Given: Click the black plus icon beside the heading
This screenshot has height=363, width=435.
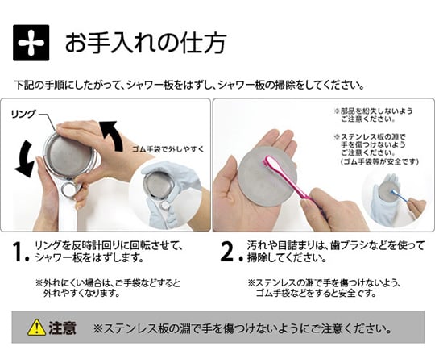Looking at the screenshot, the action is coord(31,43).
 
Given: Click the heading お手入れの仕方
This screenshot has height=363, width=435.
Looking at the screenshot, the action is coord(146,43).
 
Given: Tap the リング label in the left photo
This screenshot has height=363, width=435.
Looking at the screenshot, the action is coord(23,114).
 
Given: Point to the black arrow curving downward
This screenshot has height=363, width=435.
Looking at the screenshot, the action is coord(25,158).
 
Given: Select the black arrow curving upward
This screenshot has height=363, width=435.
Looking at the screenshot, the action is coord(112,136).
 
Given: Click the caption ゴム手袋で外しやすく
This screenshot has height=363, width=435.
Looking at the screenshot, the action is coord(168,149).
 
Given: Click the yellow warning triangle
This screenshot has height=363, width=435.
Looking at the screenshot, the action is coord(36,328).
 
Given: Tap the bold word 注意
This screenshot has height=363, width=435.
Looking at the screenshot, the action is coord(62,328).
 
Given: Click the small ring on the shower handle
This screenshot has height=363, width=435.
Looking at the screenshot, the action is coord(69,190).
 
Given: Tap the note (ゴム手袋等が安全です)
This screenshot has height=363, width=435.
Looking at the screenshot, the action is coord(379,161).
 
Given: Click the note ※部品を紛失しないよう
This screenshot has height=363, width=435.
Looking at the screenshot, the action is coord(374,111).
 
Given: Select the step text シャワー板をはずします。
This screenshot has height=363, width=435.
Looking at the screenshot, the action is coord(89,258).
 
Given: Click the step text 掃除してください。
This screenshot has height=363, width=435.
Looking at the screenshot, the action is coord(287,258).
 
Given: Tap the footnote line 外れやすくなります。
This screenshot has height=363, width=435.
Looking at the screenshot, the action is coord(81,293).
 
